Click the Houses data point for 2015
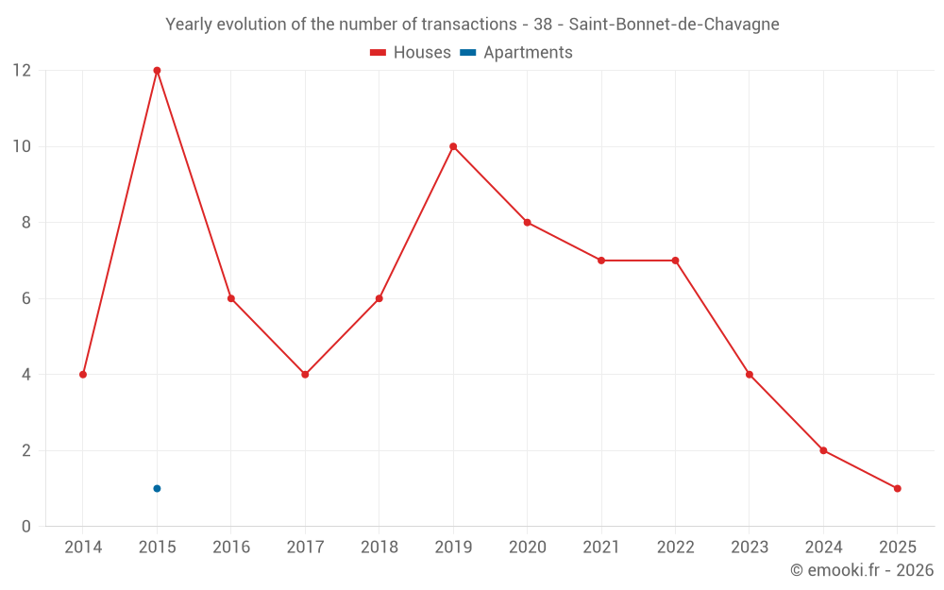point(157,71)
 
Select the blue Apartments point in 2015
point(157,488)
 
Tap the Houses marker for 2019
point(453,146)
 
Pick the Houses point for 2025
point(897,488)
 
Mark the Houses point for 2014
point(83,375)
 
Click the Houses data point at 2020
point(527,223)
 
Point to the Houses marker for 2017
point(305,375)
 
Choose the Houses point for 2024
point(823,450)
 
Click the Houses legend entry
point(411,53)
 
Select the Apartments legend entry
point(516,53)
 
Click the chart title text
point(472,25)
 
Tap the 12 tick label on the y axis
point(22,71)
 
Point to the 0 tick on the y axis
point(26,527)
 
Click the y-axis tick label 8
point(26,223)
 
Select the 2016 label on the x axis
point(231,548)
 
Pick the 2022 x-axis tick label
point(675,548)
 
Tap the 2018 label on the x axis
point(379,548)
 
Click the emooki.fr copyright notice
point(861,570)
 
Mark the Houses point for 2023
point(749,375)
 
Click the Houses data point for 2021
point(600,261)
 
